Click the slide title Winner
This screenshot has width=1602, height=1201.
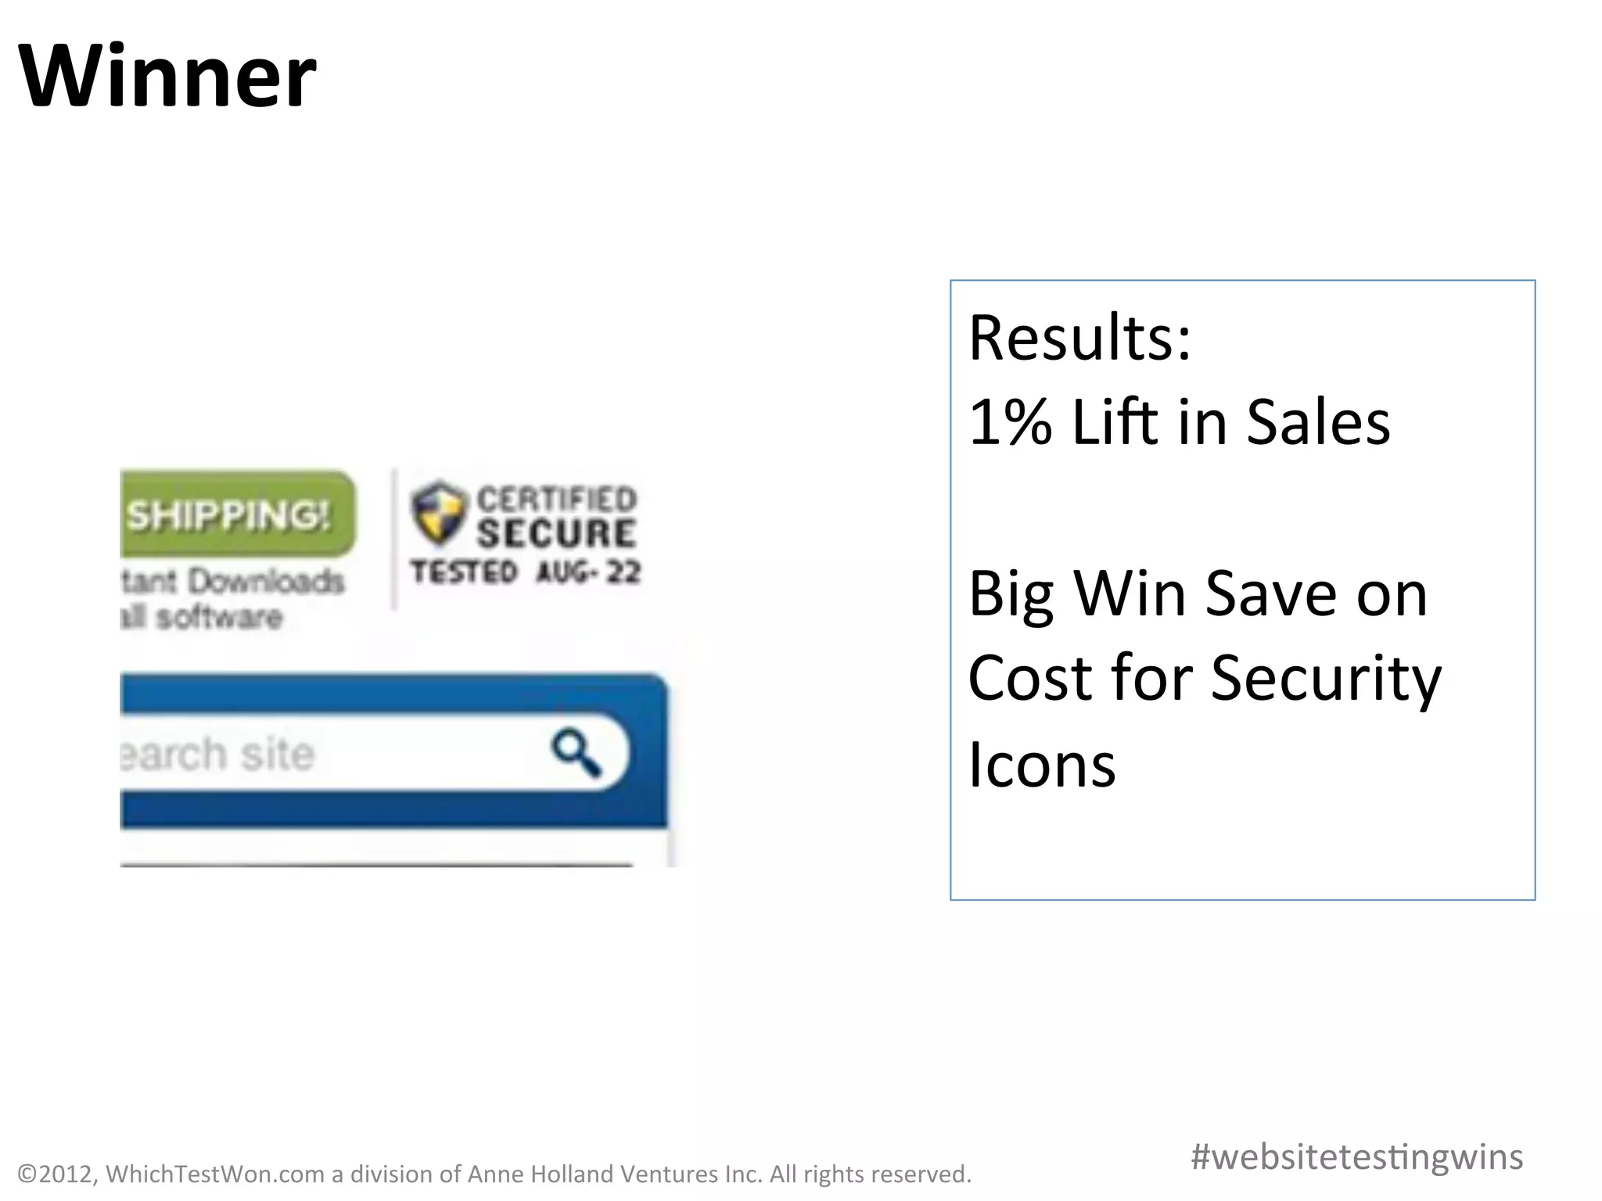pyautogui.click(x=167, y=77)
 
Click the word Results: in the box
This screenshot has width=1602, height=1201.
pyautogui.click(x=1079, y=338)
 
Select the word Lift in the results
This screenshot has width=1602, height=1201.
pyautogui.click(x=1115, y=422)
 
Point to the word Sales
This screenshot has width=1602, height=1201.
pyautogui.click(x=1318, y=422)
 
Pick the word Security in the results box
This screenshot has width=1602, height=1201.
pyautogui.click(x=1326, y=679)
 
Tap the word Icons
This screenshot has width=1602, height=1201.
pyautogui.click(x=1042, y=765)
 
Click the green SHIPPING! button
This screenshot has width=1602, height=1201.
pyautogui.click(x=235, y=514)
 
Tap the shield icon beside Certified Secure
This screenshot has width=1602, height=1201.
pyautogui.click(x=438, y=512)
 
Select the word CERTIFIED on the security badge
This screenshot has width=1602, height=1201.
pyautogui.click(x=557, y=499)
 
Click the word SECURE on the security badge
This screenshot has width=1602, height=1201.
pyautogui.click(x=557, y=533)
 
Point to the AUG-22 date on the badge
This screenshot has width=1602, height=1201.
pyautogui.click(x=588, y=572)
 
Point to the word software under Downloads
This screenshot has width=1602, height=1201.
pyautogui.click(x=219, y=618)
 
